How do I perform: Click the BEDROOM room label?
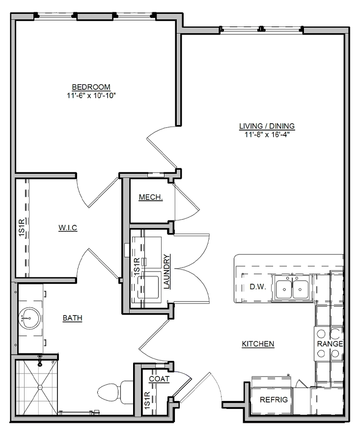tap(91, 87)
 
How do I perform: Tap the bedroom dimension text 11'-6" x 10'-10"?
tap(91, 96)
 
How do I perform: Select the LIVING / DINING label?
tap(267, 126)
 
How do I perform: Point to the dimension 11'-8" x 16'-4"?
tap(267, 134)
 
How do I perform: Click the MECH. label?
tap(151, 197)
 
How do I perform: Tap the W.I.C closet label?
tap(68, 228)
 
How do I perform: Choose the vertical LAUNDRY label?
tap(166, 271)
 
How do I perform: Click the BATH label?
tap(72, 318)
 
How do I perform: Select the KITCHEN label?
tap(258, 344)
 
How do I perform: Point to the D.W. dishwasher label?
tap(258, 287)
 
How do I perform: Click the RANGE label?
tap(330, 344)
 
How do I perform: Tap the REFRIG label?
tap(274, 400)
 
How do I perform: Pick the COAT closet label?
tap(159, 379)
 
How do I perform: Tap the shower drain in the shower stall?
tap(40, 387)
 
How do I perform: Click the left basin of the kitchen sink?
tap(284, 289)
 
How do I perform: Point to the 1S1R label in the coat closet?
tap(147, 401)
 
